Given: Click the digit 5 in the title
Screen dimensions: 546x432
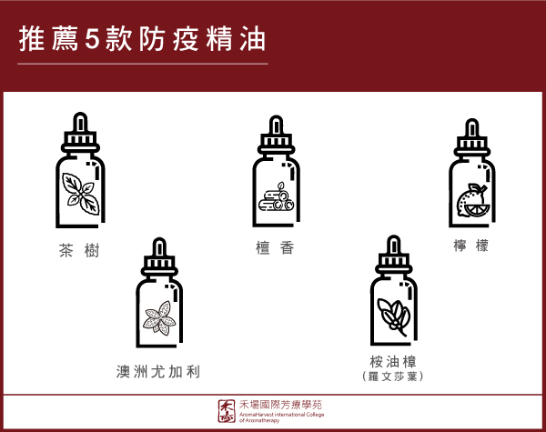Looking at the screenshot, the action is click(x=92, y=39).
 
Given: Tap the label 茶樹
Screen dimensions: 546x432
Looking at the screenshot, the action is click(x=79, y=250).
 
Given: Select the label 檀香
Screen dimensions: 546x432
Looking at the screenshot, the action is click(x=275, y=248).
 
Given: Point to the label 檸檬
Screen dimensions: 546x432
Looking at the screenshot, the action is click(x=470, y=246).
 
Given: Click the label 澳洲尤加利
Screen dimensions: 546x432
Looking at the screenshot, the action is click(x=158, y=371).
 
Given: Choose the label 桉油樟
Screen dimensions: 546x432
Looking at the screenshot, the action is click(x=393, y=362).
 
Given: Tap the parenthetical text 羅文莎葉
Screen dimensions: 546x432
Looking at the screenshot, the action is click(x=393, y=377).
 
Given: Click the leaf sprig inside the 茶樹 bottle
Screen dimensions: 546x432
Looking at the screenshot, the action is click(x=80, y=193).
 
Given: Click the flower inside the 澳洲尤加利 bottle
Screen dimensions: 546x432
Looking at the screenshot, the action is click(x=160, y=317).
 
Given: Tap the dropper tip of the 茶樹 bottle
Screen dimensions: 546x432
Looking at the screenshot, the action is click(x=80, y=122).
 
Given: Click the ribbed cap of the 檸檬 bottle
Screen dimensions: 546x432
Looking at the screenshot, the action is click(x=471, y=143).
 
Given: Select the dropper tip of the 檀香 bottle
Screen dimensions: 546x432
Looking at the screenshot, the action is click(x=276, y=125).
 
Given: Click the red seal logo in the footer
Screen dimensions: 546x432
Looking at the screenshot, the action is click(x=227, y=411).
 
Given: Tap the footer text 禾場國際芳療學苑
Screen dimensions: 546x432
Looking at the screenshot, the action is click(x=280, y=405).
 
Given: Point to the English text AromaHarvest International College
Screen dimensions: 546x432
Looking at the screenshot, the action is click(x=282, y=414).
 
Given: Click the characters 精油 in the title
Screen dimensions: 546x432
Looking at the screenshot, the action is click(x=236, y=39).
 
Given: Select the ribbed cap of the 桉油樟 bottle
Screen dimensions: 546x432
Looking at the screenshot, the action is click(x=393, y=260).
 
